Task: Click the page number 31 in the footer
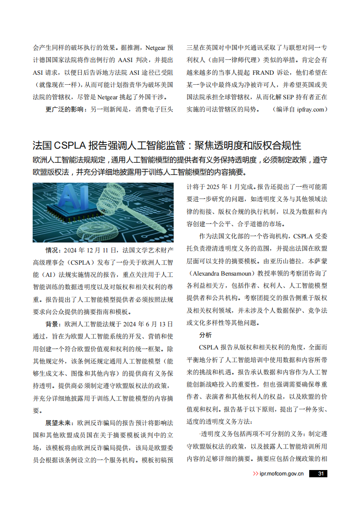pyautogui.click(x=321, y=474)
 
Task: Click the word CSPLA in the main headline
pyautogui.click(x=70, y=145)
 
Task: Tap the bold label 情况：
pyautogui.click(x=54, y=250)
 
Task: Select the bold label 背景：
pyautogui.click(x=54, y=324)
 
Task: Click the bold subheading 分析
pyautogui.click(x=205, y=335)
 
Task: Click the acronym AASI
pyautogui.click(x=124, y=60)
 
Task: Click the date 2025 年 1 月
pyautogui.click(x=225, y=187)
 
